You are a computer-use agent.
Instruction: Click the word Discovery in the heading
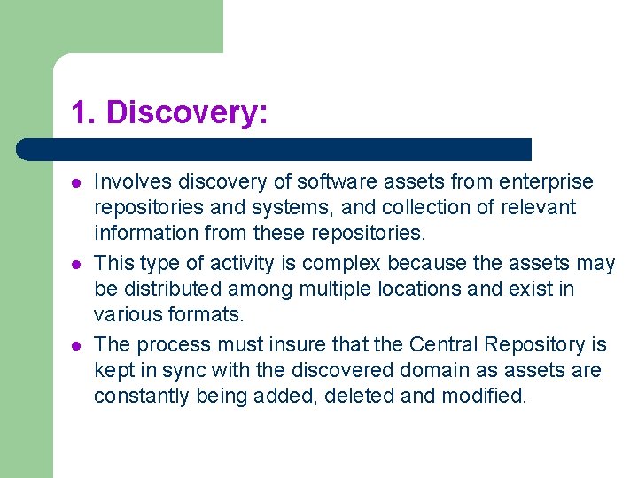coord(187,113)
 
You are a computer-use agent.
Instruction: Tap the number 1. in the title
coord(84,113)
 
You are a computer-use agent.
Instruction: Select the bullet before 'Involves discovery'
coord(77,183)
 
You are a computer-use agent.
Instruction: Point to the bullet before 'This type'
coord(77,265)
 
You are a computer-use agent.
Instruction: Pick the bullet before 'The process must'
coord(77,345)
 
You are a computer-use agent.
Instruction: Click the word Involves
coord(133,182)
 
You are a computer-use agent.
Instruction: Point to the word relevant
coord(543,208)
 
